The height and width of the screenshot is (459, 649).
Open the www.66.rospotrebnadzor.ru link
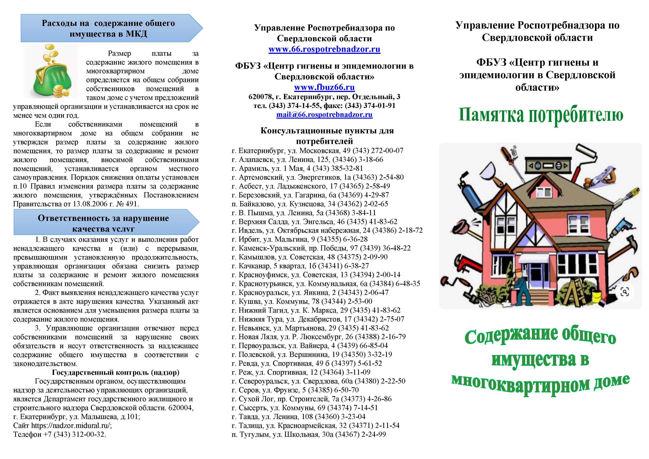[324, 49]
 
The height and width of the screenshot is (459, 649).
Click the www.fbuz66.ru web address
[324, 87]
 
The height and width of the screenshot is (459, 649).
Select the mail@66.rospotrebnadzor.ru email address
[324, 115]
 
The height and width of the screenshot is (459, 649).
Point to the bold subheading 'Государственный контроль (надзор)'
[116, 373]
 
